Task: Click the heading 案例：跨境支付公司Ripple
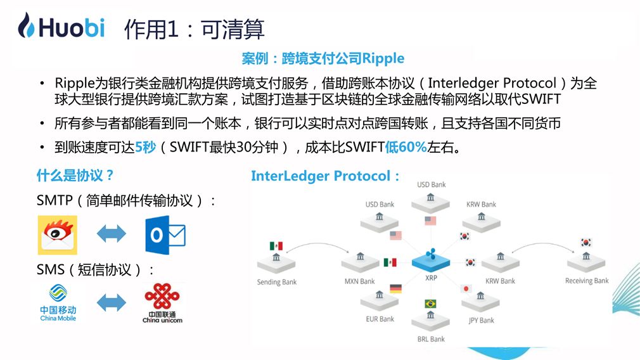323,58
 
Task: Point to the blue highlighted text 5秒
144,148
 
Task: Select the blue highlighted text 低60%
406,148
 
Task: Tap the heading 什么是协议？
75,176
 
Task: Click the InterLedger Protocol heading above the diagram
326,176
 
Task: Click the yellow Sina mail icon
57,235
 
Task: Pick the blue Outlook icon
165,235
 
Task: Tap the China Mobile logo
58,302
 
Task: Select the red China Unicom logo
162,303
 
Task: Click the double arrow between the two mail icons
112,235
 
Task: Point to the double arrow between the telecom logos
112,302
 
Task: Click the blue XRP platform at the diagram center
432,262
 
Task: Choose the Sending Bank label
277,281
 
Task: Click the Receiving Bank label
587,281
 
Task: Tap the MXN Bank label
359,281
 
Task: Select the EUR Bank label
380,319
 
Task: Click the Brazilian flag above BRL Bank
431,304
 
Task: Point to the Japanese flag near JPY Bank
467,288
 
